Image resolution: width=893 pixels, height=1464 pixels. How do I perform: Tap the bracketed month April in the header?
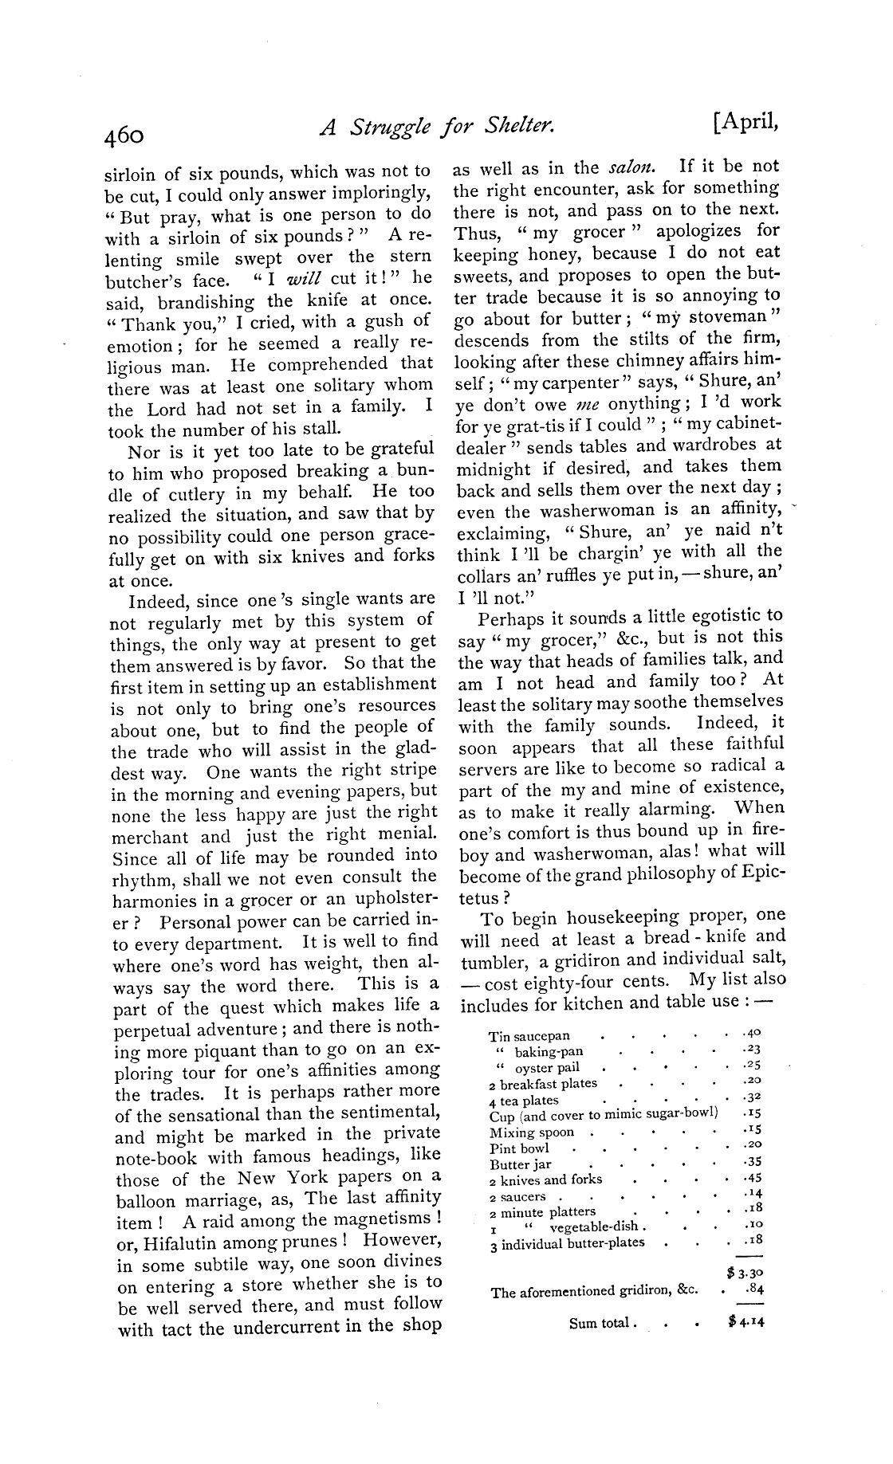pyautogui.click(x=745, y=122)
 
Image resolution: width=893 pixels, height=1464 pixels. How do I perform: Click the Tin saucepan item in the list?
pyautogui.click(x=529, y=1035)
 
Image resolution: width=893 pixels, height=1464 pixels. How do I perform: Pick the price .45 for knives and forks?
pyautogui.click(x=751, y=1179)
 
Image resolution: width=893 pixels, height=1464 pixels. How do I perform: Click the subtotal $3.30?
pyautogui.click(x=746, y=1273)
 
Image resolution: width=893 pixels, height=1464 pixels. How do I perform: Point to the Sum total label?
pyautogui.click(x=602, y=1323)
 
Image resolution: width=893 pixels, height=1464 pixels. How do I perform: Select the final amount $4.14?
pyautogui.click(x=746, y=1321)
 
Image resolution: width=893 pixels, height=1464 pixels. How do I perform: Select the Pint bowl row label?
pyautogui.click(x=519, y=1148)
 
